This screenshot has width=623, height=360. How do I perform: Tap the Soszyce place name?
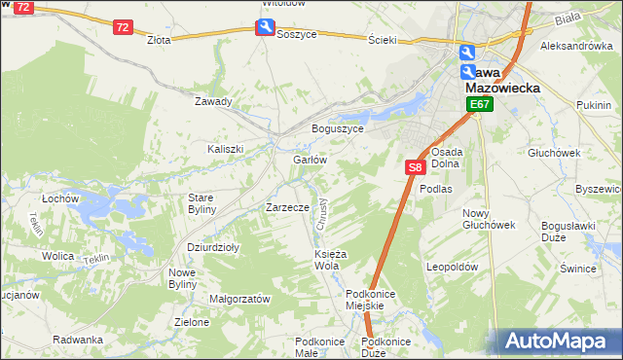[x=296, y=33]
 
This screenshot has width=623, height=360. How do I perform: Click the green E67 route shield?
[x=479, y=104]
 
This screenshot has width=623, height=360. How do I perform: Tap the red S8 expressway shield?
[x=415, y=167]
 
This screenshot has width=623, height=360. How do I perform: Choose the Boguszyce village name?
[x=337, y=128]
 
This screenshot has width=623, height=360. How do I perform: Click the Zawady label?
[x=213, y=101]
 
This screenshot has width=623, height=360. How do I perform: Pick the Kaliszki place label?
[x=224, y=149]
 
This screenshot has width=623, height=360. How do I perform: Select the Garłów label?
[x=309, y=160]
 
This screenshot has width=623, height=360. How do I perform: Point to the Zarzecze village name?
[x=287, y=207]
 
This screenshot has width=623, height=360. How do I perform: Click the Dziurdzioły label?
[x=213, y=247]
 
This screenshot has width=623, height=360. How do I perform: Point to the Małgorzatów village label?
[x=239, y=300]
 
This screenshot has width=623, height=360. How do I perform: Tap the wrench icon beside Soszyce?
[x=265, y=28]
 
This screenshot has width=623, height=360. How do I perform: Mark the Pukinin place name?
[x=593, y=104]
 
